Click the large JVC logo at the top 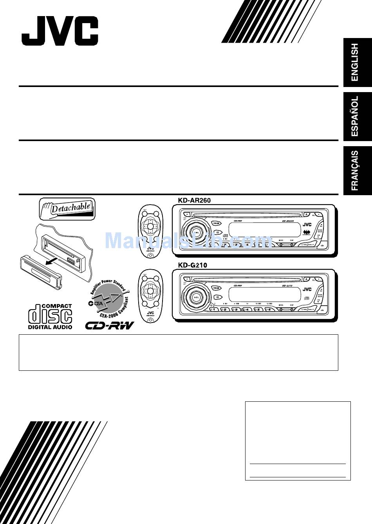coord(60,31)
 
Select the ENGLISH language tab coord(355,62)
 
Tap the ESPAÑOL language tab coord(355,116)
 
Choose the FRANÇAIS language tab coord(355,170)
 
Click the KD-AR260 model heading coord(194,200)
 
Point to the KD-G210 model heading coord(192,265)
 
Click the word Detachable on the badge coord(70,207)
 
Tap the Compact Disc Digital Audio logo coord(50,316)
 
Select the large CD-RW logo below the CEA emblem coord(110,325)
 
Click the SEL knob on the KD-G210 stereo coord(196,296)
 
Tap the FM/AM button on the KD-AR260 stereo coord(216,223)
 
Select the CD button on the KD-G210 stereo coord(216,297)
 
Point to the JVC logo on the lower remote coord(150,312)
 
